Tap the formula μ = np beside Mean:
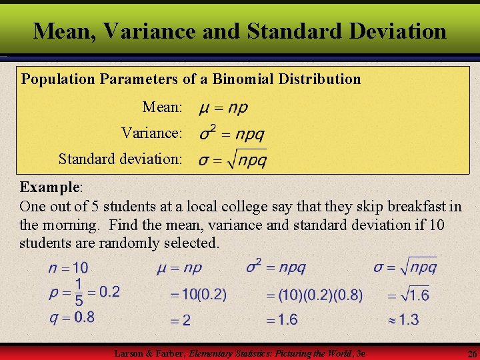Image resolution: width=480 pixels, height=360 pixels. coord(223,107)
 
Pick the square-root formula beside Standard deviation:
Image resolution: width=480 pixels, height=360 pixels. coord(233,159)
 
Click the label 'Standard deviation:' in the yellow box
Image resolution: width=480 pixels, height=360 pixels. coord(120,159)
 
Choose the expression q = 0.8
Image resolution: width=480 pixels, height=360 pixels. coord(71,317)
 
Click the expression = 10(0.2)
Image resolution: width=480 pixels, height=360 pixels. coord(198,294)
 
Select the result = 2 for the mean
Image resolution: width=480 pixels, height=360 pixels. coord(180,321)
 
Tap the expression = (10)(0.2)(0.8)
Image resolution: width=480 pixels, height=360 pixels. coord(315,294)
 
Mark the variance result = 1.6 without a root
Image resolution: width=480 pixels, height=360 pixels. coord(282,320)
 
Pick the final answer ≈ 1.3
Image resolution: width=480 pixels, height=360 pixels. coord(403,320)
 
